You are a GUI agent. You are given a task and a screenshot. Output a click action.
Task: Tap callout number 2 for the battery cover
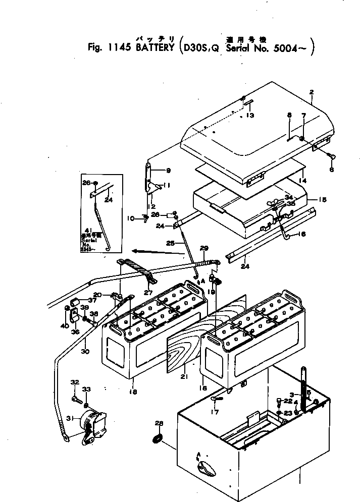pyautogui.click(x=312, y=92)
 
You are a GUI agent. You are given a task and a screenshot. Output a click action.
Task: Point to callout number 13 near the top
pyautogui.click(x=250, y=115)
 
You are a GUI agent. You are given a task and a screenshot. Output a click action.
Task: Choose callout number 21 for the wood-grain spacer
pyautogui.click(x=185, y=377)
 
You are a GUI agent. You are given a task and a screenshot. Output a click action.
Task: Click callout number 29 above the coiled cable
pyautogui.click(x=204, y=248)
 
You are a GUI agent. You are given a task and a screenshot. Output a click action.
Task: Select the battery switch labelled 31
pyautogui.click(x=93, y=426)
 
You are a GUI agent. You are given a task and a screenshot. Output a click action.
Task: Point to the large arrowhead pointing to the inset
pyautogui.click(x=135, y=250)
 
